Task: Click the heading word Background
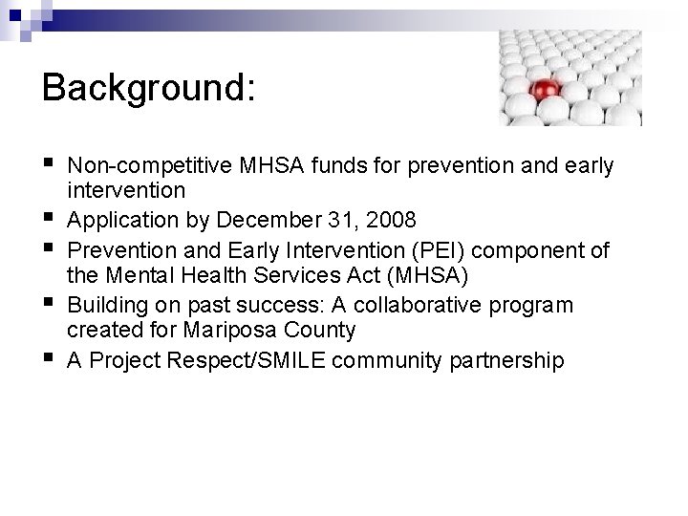pos(148,87)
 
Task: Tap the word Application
pos(122,221)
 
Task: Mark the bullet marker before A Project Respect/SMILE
pos(49,360)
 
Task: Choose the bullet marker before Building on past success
pos(49,305)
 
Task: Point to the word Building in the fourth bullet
pos(106,305)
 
